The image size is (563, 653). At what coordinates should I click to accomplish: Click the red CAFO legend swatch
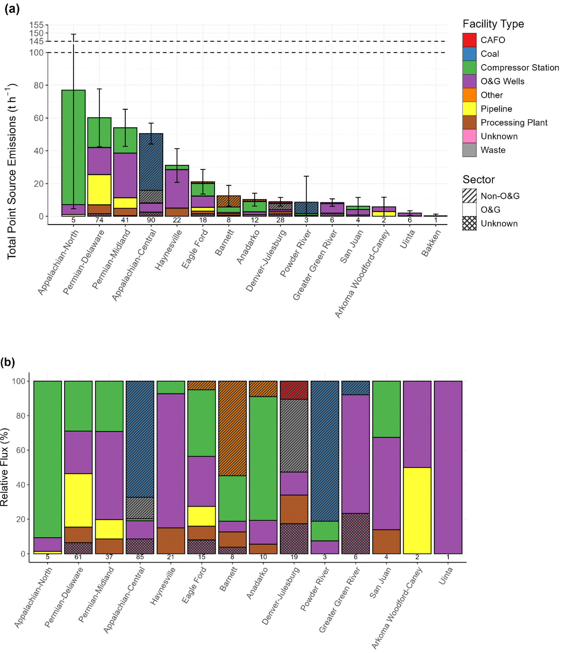click(x=469, y=40)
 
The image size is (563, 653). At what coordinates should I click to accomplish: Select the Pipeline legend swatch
click(x=469, y=109)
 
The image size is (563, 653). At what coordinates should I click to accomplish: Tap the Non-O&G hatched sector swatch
click(x=469, y=196)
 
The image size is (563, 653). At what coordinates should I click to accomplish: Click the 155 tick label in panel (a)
click(x=36, y=25)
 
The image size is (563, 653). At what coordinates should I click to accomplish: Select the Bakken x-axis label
click(x=431, y=243)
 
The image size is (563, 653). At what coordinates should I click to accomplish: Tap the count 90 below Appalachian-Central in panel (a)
click(x=151, y=220)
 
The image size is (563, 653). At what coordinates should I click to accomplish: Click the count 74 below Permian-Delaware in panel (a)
click(x=99, y=220)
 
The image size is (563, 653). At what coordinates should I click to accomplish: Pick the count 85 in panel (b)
click(x=140, y=557)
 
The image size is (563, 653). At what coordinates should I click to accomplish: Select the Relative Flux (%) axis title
click(x=4, y=467)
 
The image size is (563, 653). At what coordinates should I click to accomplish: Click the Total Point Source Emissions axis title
click(x=12, y=172)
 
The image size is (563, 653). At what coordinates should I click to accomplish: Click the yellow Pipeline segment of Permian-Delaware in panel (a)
click(x=99, y=190)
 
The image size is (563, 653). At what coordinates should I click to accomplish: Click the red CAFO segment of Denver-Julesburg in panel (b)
click(x=294, y=390)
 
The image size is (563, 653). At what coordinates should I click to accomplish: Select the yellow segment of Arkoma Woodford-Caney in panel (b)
click(x=417, y=510)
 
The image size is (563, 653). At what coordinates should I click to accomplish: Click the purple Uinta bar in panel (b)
click(x=448, y=467)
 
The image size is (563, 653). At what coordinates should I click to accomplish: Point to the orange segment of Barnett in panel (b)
click(x=232, y=428)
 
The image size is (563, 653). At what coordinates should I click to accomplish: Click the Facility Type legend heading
click(x=493, y=24)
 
